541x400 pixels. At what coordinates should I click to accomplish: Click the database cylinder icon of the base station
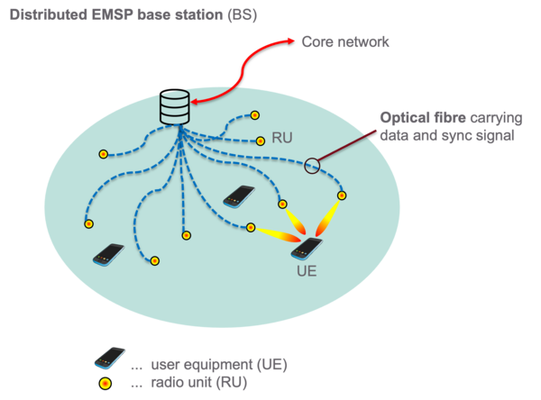point(175,107)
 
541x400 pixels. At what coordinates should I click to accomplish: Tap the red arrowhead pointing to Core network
point(290,41)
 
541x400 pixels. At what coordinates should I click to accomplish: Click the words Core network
point(345,41)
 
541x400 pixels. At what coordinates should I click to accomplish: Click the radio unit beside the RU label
point(261,141)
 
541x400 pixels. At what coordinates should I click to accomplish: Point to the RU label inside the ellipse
point(282,138)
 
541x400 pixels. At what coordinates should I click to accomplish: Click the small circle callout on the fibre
point(312,166)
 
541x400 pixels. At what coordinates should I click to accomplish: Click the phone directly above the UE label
point(307,249)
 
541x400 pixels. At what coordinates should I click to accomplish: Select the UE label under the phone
point(307,271)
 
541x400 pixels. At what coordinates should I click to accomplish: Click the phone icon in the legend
point(110,358)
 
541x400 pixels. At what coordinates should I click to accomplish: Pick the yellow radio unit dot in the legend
point(105,384)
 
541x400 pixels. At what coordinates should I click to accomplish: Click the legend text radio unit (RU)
point(199,382)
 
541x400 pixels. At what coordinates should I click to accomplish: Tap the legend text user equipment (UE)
point(219,365)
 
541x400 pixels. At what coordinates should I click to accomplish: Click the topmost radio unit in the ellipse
point(254,115)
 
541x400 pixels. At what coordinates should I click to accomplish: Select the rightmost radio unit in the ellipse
point(342,195)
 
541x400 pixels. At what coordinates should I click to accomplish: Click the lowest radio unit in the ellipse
point(154,260)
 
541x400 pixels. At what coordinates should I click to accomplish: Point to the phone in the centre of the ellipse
point(239,196)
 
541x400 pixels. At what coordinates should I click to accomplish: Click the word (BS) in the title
point(243,14)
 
